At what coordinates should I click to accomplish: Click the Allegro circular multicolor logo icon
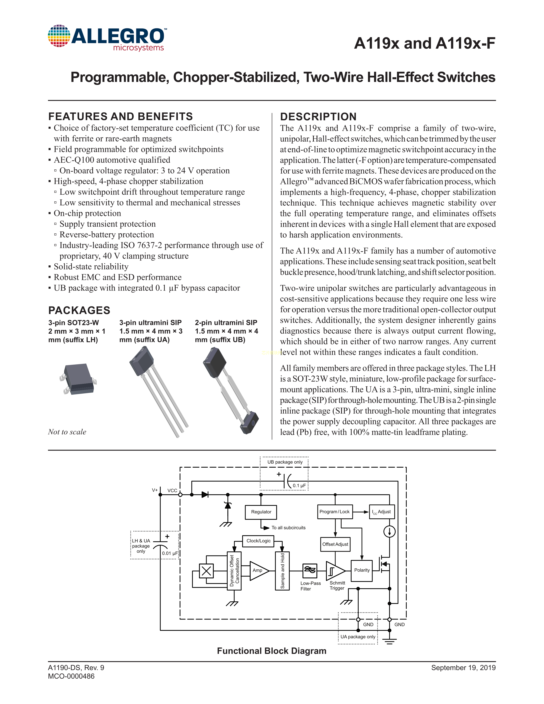[x=59, y=36]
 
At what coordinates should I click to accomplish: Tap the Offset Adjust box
[x=335, y=544]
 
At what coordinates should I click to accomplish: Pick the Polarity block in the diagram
[x=362, y=570]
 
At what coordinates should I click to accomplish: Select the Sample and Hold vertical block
[x=282, y=571]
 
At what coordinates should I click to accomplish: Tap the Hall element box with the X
[x=206, y=571]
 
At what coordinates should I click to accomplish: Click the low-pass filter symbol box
[x=310, y=570]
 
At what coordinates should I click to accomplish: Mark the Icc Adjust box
[x=382, y=512]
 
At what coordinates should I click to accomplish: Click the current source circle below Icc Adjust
[x=389, y=532]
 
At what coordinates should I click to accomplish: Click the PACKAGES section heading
[x=79, y=310]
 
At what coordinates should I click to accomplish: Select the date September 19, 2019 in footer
[x=463, y=668]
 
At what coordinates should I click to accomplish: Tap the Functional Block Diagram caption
[x=272, y=651]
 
